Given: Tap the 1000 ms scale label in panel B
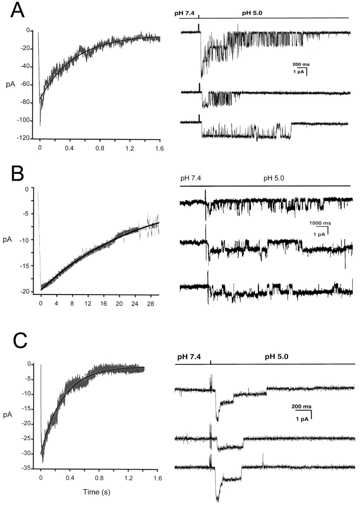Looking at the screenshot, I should click(x=318, y=223).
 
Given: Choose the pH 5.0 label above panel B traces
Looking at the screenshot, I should click(x=274, y=178).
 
